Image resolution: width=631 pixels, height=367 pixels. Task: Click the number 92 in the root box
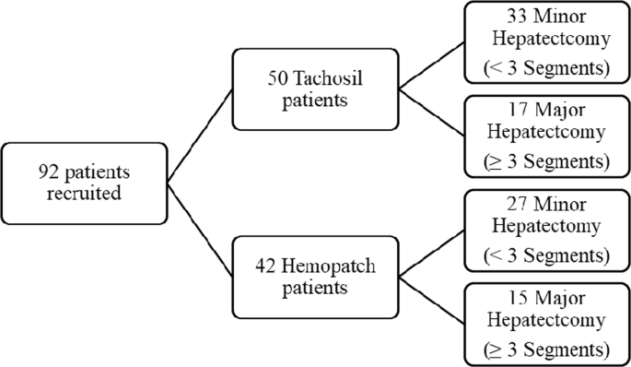point(46,171)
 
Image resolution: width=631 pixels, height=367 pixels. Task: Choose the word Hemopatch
point(319,267)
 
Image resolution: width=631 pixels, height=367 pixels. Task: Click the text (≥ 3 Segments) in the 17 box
point(547,160)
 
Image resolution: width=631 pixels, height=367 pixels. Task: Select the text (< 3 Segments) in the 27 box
point(547,255)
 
